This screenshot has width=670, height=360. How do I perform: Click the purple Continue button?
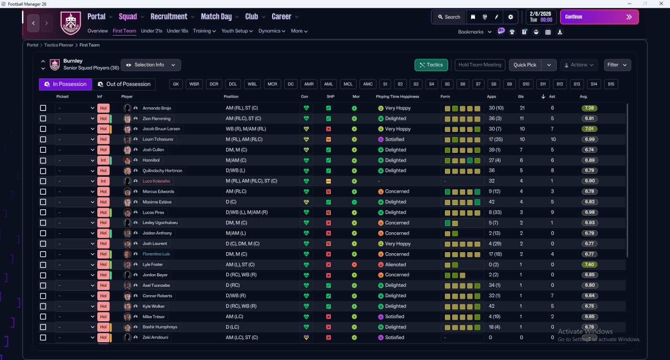599,17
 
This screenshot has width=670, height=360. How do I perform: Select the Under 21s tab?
151,31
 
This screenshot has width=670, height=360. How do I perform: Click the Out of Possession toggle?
124,84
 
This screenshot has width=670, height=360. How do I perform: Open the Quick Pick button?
525,65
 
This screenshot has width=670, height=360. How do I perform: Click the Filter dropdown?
617,65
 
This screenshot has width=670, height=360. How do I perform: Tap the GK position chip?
176,84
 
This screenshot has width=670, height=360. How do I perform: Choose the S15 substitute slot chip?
610,84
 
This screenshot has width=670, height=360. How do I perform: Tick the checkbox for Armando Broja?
43,108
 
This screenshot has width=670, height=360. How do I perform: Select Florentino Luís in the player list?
156,254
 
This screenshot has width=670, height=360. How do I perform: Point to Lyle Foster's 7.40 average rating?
589,265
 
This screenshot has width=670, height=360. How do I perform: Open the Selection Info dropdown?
151,65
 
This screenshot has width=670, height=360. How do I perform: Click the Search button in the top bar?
449,17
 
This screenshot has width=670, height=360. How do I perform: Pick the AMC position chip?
368,84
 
